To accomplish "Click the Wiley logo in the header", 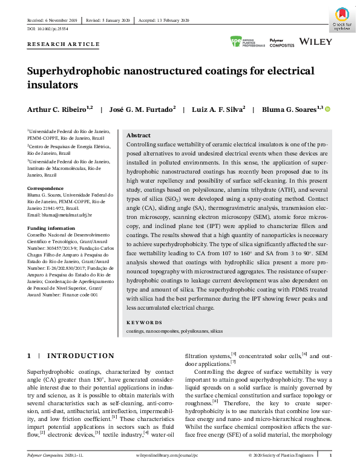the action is point(316,42).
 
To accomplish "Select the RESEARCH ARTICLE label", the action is point(64,44).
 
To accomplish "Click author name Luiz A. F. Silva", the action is point(218,109).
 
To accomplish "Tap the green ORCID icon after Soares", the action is point(328,109).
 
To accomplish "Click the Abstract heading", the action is point(139,135).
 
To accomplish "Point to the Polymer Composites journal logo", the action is point(281,43).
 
